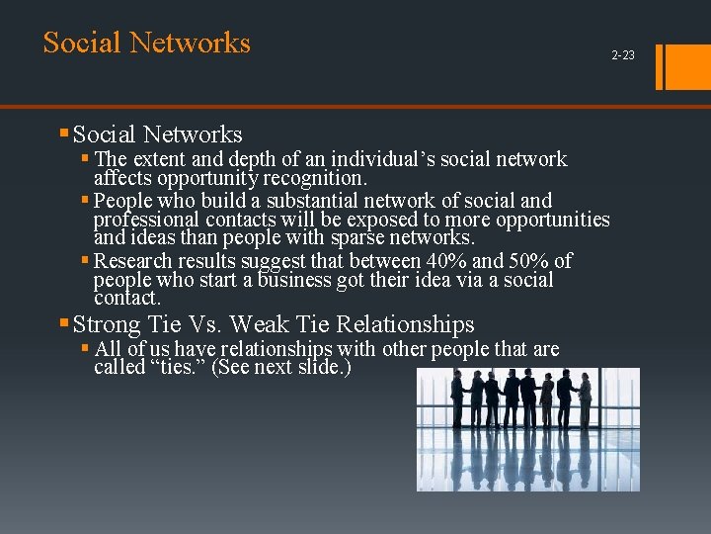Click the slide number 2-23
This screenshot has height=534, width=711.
point(623,55)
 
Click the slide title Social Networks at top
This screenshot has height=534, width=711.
point(147,43)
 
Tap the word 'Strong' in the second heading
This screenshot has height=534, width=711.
point(108,324)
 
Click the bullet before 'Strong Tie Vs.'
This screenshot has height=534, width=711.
point(64,323)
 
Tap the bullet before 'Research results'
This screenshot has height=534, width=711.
point(86,261)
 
